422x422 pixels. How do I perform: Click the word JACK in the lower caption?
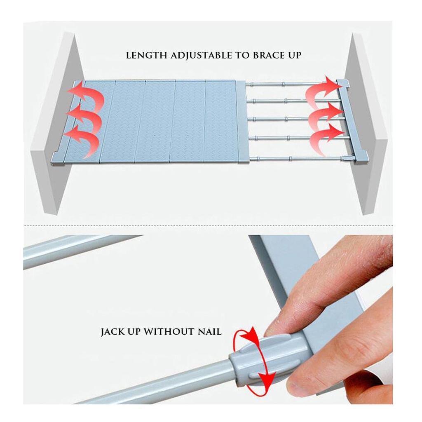pos(113,332)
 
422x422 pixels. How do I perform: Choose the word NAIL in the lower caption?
pos(210,331)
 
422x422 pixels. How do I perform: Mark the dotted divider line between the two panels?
pos(208,225)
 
